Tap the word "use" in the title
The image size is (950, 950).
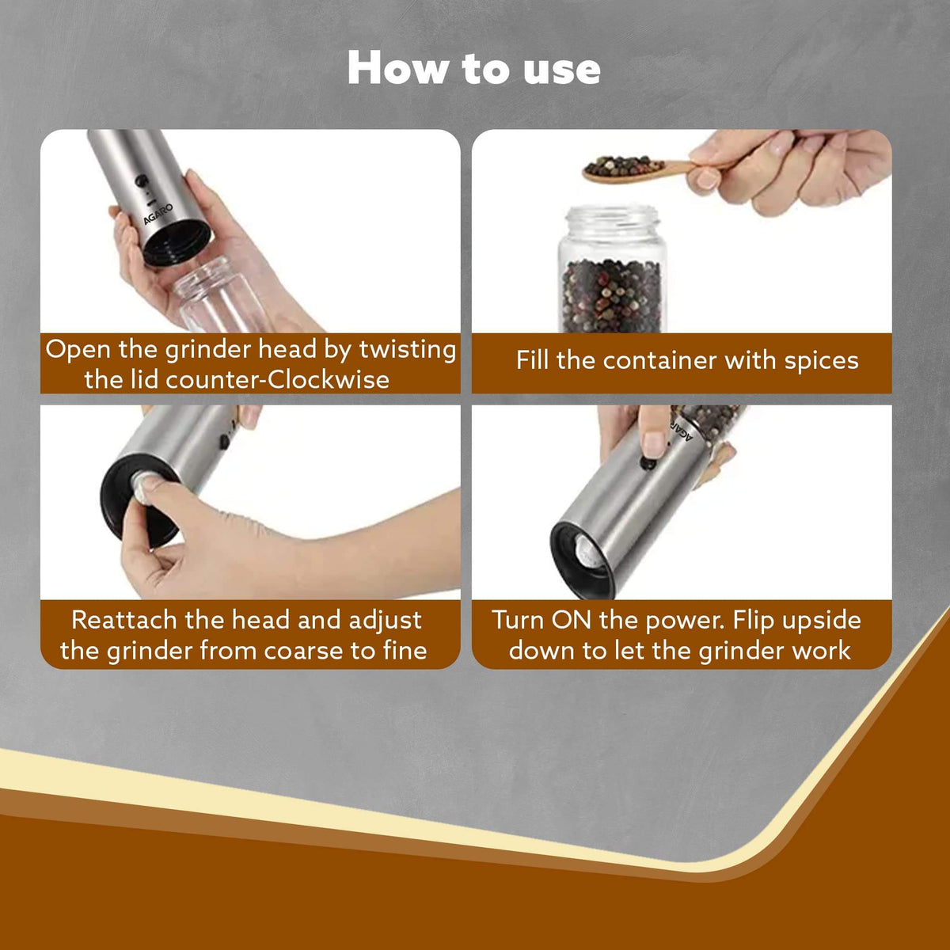(x=562, y=70)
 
